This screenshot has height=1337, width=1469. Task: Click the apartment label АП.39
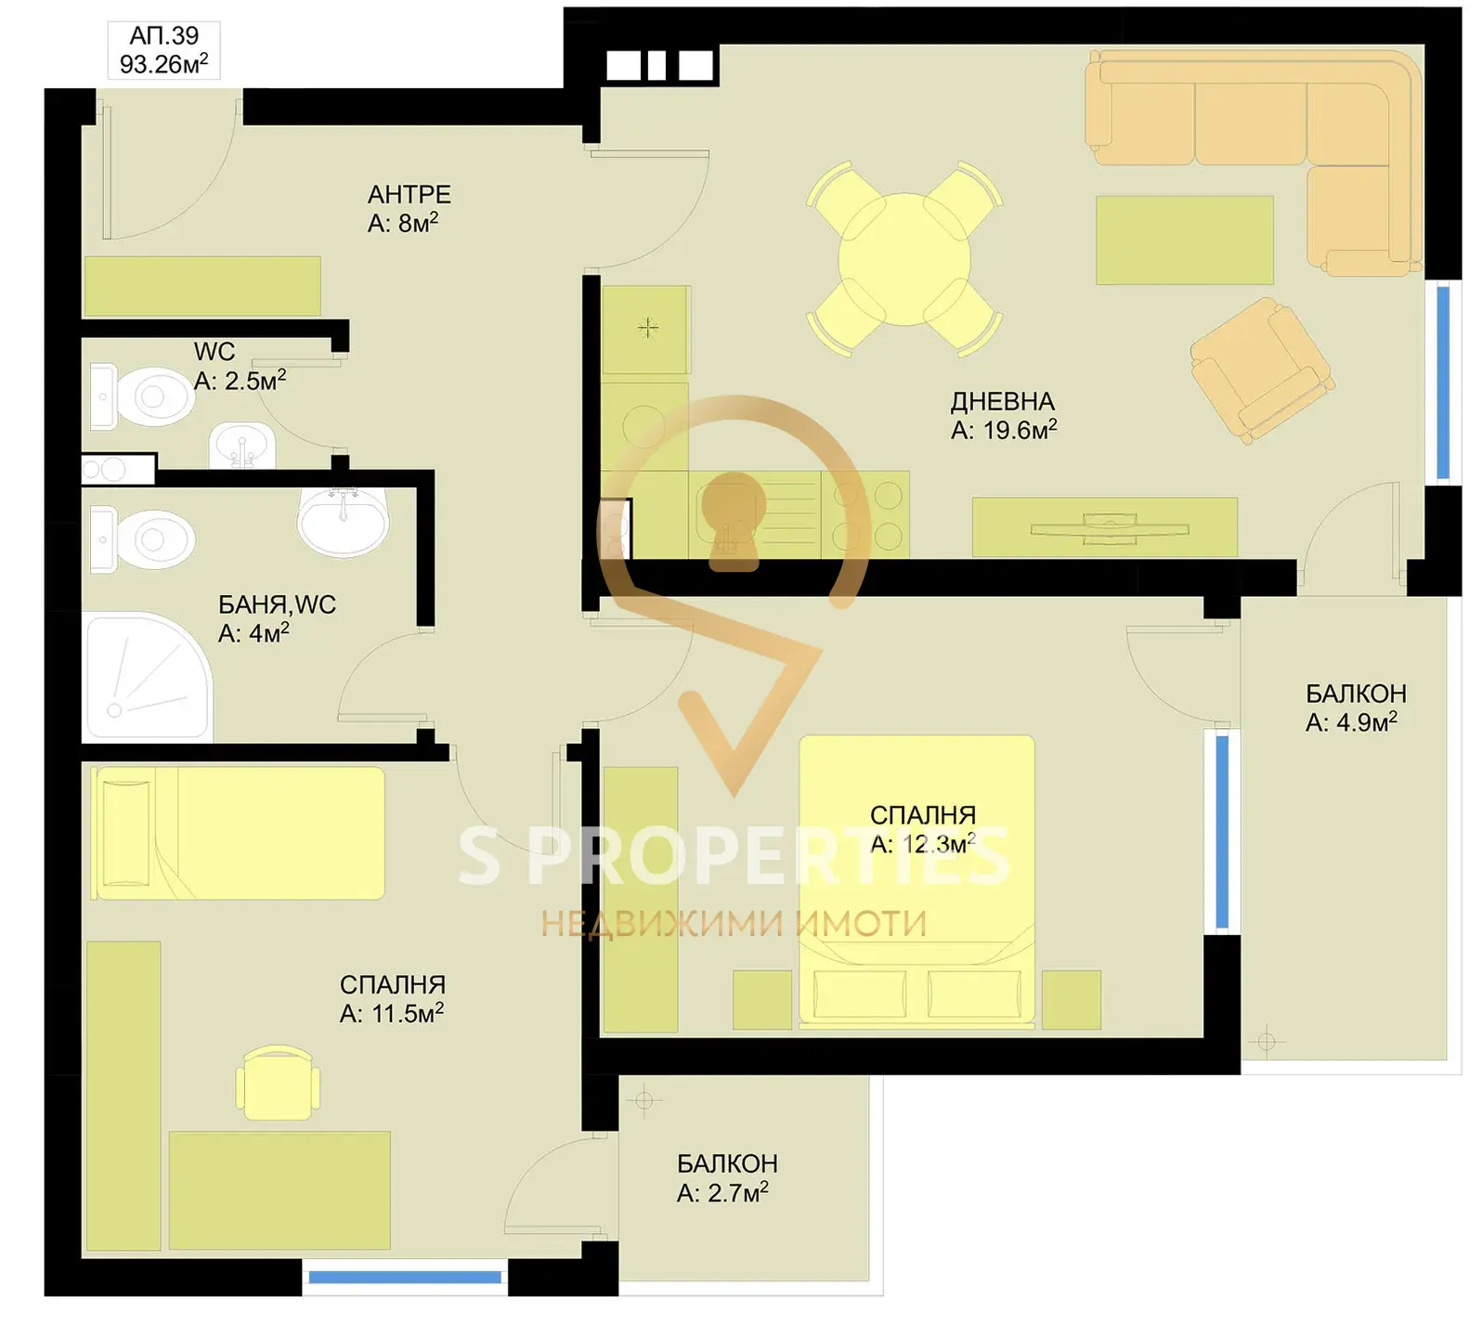tap(163, 36)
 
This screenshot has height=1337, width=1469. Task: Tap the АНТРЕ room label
tap(409, 194)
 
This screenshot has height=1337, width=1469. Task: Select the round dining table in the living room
tap(904, 259)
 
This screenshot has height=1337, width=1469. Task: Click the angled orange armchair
tap(1262, 369)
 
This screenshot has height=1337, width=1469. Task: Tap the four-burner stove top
tap(865, 514)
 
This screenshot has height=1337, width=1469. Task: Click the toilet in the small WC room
tap(143, 396)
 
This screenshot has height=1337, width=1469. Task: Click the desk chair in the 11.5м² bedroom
tap(278, 1083)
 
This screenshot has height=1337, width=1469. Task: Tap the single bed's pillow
tap(123, 833)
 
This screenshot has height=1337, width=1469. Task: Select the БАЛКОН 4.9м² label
tap(1355, 707)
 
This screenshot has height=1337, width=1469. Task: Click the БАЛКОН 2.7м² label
tap(726, 1177)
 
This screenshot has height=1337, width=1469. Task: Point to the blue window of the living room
tap(1443, 382)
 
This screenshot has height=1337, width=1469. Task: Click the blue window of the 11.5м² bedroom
tap(404, 1278)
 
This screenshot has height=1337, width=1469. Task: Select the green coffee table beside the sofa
tap(1184, 240)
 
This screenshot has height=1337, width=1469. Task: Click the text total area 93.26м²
tap(163, 64)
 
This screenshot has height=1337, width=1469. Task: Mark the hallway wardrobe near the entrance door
tap(201, 286)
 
